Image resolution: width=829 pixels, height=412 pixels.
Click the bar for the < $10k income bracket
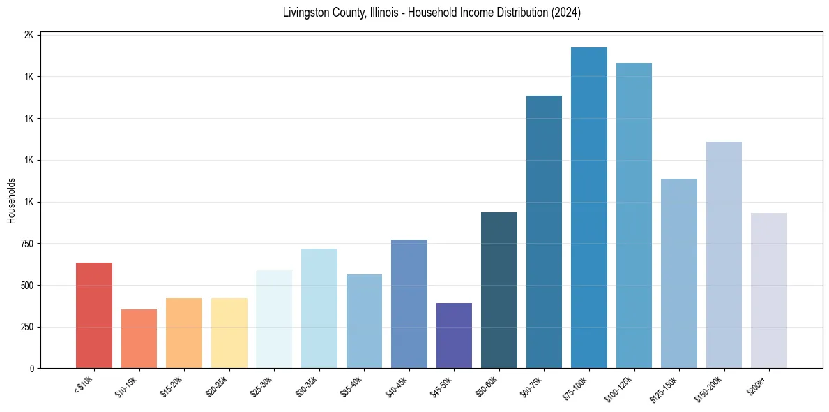pyautogui.click(x=94, y=316)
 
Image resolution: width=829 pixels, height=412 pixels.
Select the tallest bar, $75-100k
pyautogui.click(x=589, y=208)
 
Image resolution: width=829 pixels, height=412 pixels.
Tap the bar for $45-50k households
pyautogui.click(x=454, y=336)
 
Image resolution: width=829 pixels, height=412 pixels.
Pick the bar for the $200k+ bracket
pyautogui.click(x=769, y=290)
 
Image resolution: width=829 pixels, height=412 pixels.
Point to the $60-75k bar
pyautogui.click(x=544, y=232)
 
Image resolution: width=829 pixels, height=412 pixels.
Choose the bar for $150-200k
pyautogui.click(x=724, y=255)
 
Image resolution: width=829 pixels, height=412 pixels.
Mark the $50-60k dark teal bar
pyautogui.click(x=499, y=290)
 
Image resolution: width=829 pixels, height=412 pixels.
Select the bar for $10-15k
pyautogui.click(x=139, y=339)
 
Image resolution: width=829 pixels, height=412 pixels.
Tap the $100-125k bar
pyautogui.click(x=634, y=216)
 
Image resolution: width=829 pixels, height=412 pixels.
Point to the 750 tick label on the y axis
pyautogui.click(x=25, y=244)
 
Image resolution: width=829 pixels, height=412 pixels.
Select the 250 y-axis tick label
pyautogui.click(x=25, y=327)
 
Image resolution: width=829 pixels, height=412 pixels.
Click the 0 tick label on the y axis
pyautogui.click(x=31, y=369)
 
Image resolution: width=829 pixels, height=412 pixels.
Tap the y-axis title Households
pyautogui.click(x=11, y=200)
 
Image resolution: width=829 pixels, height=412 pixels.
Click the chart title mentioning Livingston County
pyautogui.click(x=432, y=13)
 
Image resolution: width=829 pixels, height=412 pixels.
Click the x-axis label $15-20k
pyautogui.click(x=172, y=385)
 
